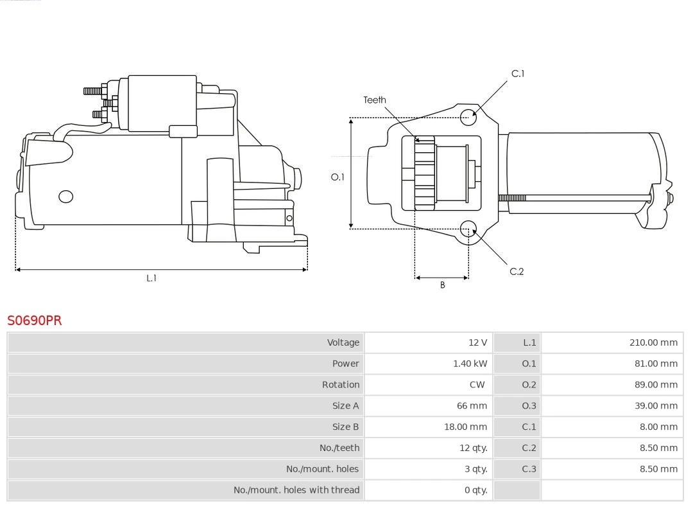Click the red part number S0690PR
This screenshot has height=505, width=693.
point(35,320)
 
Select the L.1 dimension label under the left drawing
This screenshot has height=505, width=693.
point(151,278)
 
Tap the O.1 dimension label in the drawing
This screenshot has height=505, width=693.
point(338,177)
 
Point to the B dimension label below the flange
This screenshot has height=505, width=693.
point(442,285)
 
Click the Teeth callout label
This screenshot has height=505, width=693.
point(375,100)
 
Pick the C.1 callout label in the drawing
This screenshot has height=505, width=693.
point(517,74)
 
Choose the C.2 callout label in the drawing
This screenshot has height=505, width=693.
point(517,271)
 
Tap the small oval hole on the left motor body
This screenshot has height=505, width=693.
point(66,197)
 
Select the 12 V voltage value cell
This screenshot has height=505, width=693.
point(477,342)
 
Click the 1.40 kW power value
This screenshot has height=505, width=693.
point(470,364)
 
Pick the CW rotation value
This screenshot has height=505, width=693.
point(477,385)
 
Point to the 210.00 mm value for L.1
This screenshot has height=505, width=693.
point(653,342)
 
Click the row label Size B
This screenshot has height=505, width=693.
point(345,427)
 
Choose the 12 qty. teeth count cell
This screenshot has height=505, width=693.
point(473,448)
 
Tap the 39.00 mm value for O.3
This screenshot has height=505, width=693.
point(656,405)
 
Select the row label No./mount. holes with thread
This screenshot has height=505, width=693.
point(296,490)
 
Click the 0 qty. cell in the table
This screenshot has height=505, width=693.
point(475,490)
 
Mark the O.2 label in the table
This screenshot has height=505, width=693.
point(529,385)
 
